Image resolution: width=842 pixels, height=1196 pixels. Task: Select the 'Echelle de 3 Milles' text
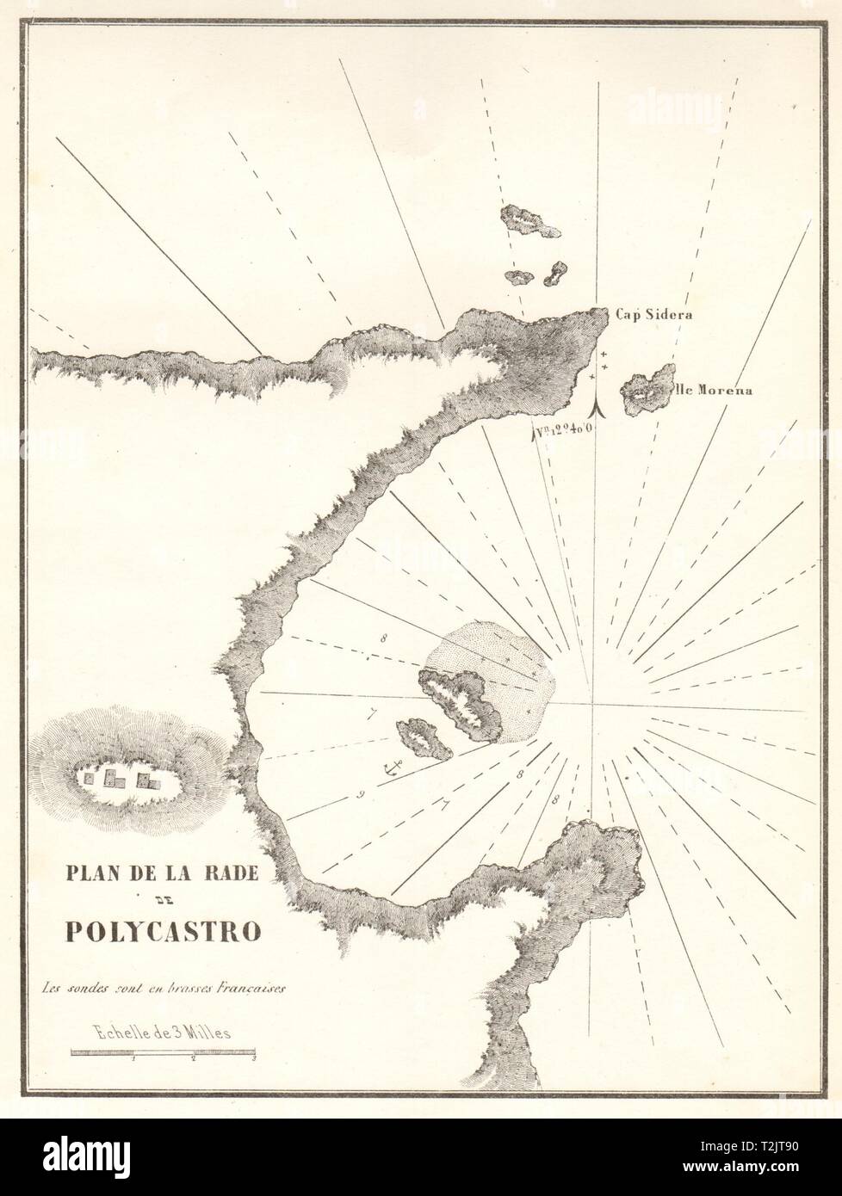click(x=161, y=1033)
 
